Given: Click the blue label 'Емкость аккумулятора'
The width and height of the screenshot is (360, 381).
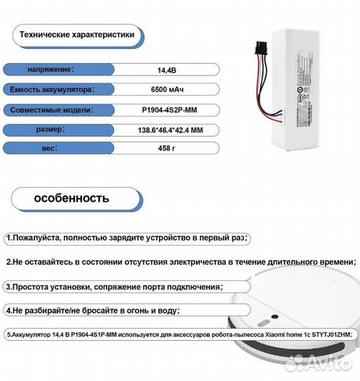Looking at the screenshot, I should point(52,90).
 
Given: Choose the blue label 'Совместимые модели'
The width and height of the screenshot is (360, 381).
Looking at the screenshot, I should point(50,110).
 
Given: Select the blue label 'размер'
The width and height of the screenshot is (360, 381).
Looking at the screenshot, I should point(52,130).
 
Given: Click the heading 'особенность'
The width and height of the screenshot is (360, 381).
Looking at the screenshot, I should point(71,198).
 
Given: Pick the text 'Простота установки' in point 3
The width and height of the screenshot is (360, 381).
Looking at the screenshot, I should point(53,287).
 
